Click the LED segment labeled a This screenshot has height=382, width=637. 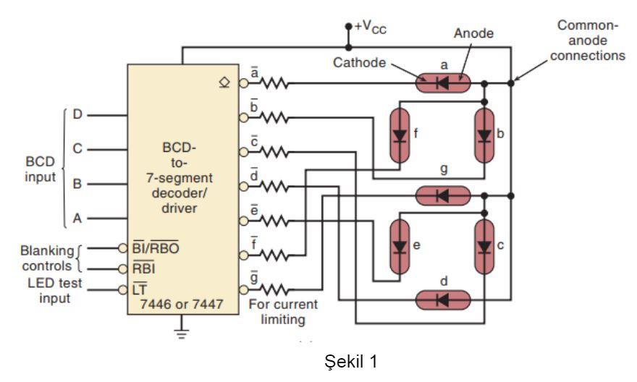(443, 83)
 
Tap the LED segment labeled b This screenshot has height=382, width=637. (485, 135)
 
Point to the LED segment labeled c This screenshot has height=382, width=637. (485, 247)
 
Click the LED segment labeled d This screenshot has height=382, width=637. (443, 299)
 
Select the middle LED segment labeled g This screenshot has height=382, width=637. (443, 195)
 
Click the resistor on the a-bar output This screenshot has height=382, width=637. (275, 84)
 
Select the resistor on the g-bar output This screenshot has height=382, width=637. (275, 289)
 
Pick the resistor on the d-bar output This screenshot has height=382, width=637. (275, 186)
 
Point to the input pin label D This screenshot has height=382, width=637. (77, 114)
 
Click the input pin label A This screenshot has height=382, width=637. (77, 217)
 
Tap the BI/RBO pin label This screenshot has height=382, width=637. (156, 248)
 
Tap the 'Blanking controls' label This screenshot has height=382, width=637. (48, 258)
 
